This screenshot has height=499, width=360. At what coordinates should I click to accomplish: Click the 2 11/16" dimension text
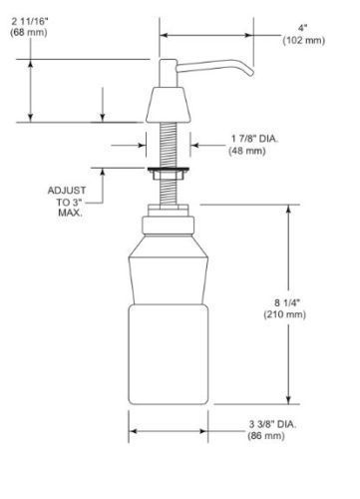[30, 21]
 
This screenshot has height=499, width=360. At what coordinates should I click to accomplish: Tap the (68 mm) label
[29, 33]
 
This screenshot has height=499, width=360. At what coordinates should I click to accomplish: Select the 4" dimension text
[302, 28]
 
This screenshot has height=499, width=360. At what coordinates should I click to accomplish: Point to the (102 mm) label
[304, 40]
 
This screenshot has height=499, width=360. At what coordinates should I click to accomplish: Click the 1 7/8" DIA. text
[254, 139]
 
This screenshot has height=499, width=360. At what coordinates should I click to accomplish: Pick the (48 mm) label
[247, 151]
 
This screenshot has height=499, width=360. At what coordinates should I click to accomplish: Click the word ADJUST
[67, 191]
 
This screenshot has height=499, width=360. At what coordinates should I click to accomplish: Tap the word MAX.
[70, 213]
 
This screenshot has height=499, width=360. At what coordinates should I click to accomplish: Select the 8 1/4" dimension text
[287, 302]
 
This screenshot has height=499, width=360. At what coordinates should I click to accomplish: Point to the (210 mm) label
[285, 314]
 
